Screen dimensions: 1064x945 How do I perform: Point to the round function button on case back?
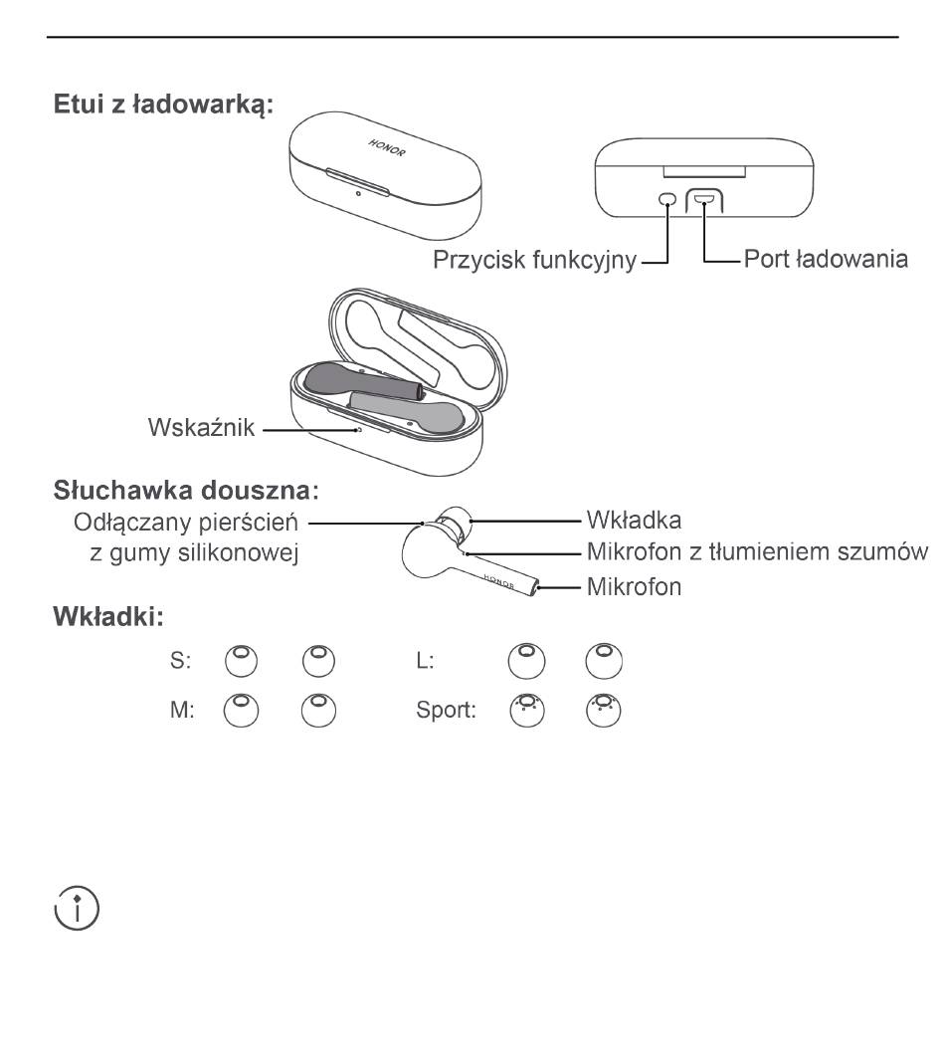[x=667, y=201]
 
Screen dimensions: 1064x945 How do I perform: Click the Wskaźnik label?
[x=200, y=430]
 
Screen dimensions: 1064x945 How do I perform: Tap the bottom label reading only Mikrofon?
[x=634, y=586]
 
